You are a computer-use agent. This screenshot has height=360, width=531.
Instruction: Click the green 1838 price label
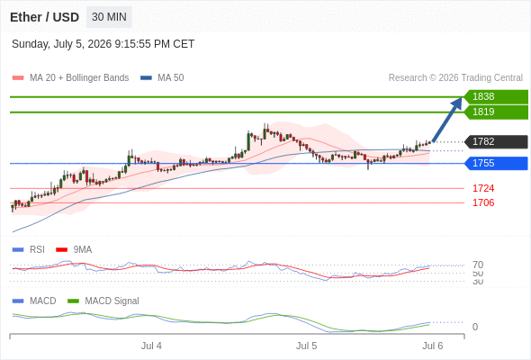tap(496, 97)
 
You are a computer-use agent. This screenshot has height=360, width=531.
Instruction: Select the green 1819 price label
tap(496, 112)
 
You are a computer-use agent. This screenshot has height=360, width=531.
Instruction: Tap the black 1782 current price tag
tap(496, 141)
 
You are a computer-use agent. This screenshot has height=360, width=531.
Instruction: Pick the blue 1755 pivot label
tap(496, 163)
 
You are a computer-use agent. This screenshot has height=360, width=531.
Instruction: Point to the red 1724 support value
tap(483, 188)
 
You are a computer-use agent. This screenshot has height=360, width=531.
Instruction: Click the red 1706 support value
tap(483, 202)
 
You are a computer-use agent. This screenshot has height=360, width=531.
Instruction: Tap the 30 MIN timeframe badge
tap(109, 17)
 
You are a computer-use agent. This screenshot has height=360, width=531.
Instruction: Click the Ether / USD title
tap(44, 17)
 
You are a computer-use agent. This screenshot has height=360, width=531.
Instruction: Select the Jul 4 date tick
tap(151, 346)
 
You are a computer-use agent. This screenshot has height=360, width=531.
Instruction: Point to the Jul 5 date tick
tap(307, 346)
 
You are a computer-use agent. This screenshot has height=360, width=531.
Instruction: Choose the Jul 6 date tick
tap(433, 346)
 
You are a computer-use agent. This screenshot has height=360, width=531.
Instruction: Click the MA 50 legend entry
tap(162, 78)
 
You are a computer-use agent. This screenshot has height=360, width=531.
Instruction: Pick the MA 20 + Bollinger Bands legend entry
tap(70, 78)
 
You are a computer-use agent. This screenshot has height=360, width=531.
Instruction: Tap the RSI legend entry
tap(29, 250)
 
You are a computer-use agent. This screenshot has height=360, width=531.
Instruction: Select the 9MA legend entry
tap(74, 250)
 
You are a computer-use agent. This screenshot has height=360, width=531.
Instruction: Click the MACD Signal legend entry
tap(103, 301)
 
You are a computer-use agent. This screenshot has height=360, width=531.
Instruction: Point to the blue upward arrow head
tap(457, 103)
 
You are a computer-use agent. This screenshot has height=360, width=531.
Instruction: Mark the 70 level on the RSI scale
tap(478, 265)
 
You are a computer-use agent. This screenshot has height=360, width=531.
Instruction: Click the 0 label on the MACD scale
tap(475, 327)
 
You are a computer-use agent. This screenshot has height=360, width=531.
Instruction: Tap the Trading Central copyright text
tap(455, 78)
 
